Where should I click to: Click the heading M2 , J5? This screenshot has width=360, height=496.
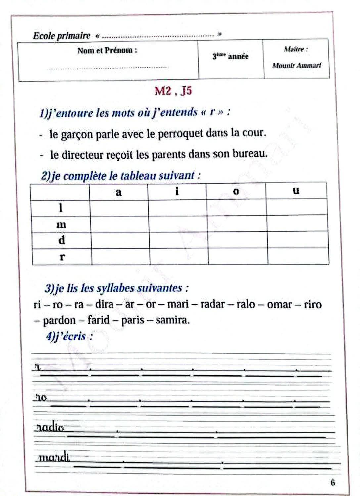(x=173, y=91)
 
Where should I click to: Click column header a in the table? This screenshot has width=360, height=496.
(x=119, y=192)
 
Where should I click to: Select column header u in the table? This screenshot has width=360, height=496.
(x=296, y=190)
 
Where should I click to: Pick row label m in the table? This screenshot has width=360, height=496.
(x=61, y=225)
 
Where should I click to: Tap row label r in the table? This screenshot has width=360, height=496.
(x=62, y=257)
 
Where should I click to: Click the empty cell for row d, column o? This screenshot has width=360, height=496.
(x=238, y=240)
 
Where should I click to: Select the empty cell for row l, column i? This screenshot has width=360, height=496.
(x=177, y=208)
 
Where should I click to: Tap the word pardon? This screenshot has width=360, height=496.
(x=60, y=320)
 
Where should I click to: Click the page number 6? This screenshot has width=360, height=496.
(x=333, y=482)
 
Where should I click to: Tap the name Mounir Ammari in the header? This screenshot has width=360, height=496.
(x=296, y=66)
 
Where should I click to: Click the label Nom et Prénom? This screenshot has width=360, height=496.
(x=107, y=51)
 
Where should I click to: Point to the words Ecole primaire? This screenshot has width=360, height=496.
(x=62, y=36)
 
